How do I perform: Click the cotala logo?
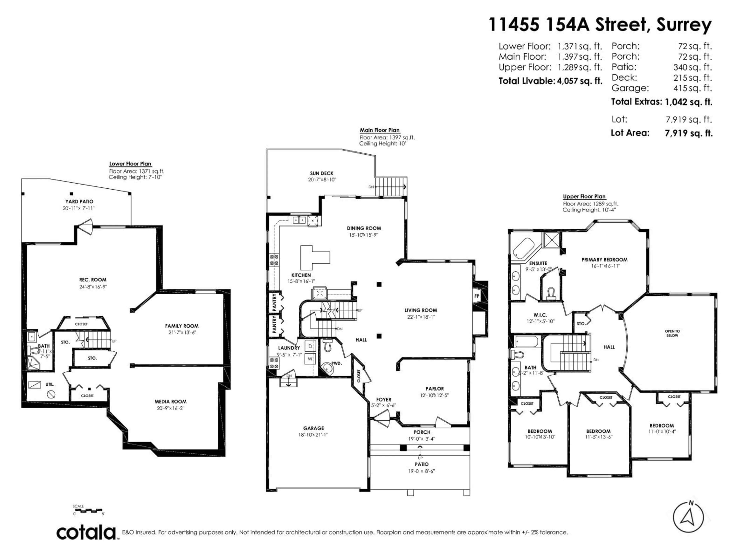86,533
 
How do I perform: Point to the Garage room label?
313,428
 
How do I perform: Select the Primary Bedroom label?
604,260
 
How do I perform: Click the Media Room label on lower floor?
170,402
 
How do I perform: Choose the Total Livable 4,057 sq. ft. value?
579,81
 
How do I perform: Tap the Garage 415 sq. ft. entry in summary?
661,88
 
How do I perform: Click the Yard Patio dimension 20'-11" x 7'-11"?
78,208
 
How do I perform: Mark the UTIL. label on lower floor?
50,384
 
